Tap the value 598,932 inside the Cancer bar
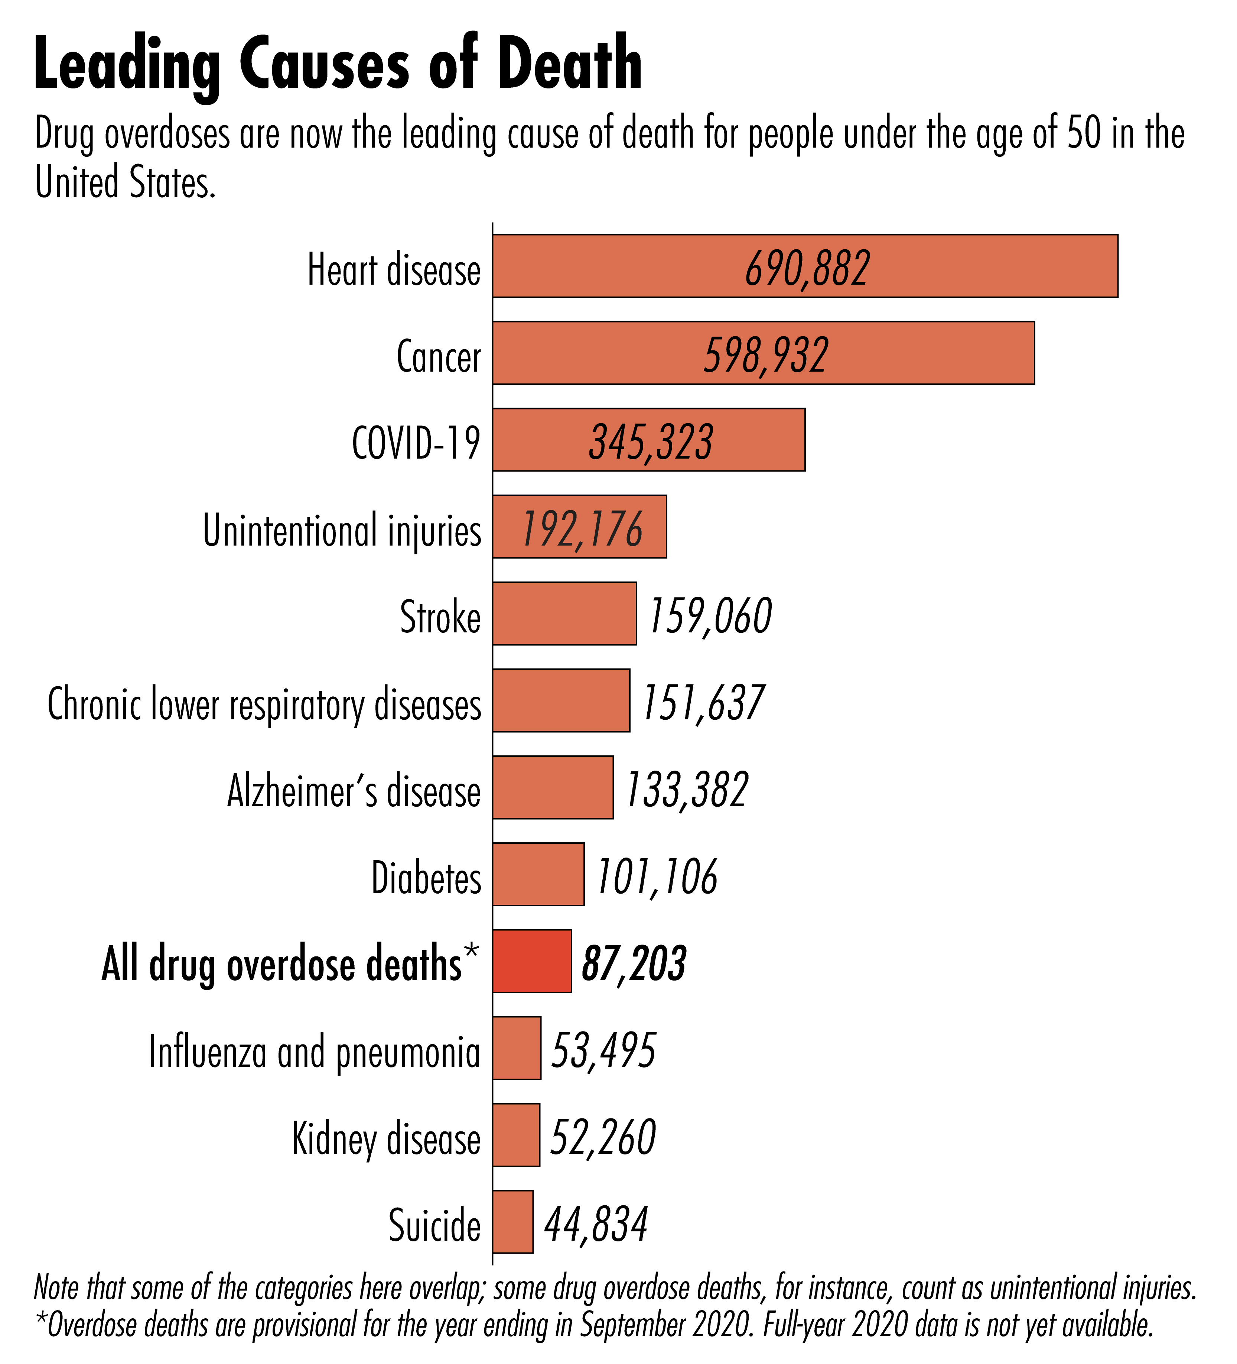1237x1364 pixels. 766,355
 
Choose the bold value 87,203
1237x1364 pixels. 634,963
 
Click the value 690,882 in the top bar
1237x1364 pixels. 807,269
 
